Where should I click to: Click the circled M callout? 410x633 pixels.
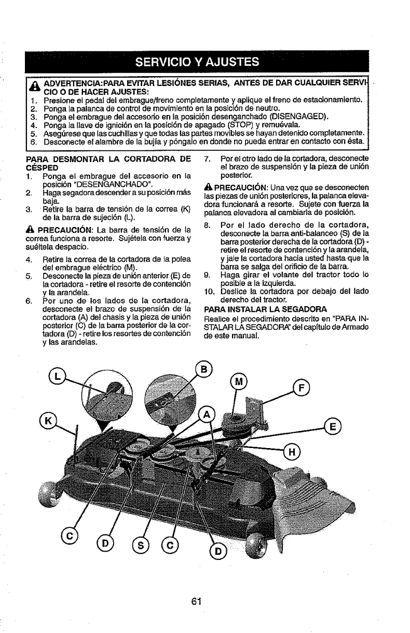tap(238, 383)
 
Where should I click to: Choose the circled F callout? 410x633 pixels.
tap(300, 388)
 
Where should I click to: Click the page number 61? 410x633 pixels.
tap(196, 601)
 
